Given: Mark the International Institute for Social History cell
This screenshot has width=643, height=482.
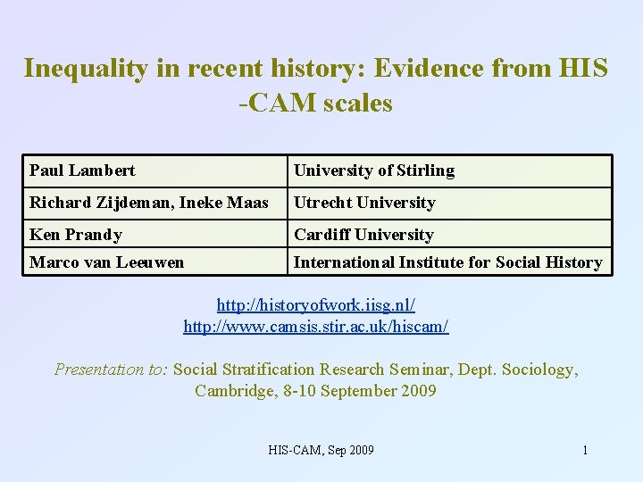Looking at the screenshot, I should coord(447,262).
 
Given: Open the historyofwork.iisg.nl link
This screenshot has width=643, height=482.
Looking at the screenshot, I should coord(316,305).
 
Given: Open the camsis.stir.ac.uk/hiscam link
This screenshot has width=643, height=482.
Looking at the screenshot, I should coord(316,327).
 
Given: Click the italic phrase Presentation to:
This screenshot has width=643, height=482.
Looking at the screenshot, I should coord(111,370).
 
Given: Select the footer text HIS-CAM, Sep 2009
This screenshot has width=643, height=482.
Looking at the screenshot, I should coord(321,450).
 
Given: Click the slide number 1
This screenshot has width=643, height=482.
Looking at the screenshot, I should coord(585,450).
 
